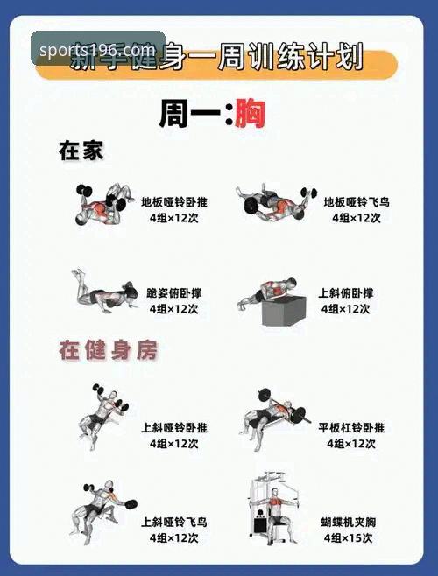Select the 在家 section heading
(x=81, y=151)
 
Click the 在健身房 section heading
(x=108, y=351)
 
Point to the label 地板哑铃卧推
(x=174, y=202)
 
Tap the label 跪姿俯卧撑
(x=174, y=293)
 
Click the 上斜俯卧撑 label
(x=345, y=293)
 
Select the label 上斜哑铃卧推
(x=174, y=428)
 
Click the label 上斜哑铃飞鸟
(x=174, y=523)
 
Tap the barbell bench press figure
(x=272, y=415)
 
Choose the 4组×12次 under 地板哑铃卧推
(x=174, y=218)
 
